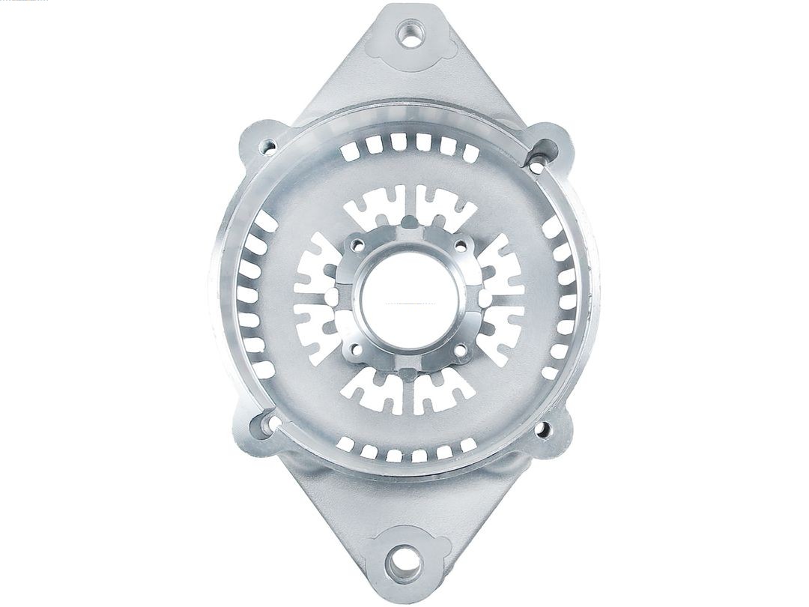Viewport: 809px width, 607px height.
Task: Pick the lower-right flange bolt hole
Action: coord(545,430)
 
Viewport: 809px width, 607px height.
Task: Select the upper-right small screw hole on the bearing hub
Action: coord(455,244)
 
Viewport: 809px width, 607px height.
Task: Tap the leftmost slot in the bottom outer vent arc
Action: coord(345,444)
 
